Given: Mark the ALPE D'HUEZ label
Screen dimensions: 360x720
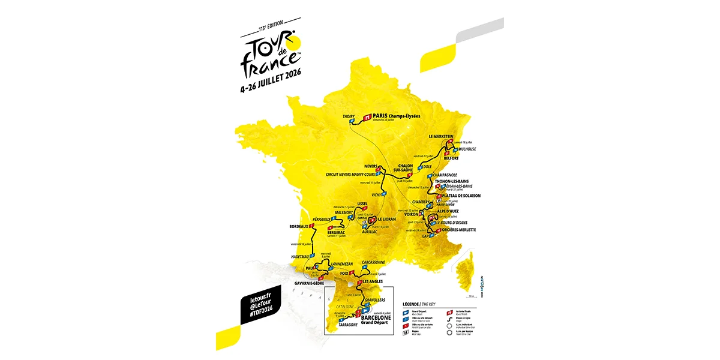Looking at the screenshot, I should tap(452, 212).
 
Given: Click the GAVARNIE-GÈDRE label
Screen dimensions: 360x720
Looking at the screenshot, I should tap(310, 283).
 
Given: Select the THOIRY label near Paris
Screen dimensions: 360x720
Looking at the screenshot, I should tap(349, 116).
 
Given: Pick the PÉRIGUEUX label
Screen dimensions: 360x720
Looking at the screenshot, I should tap(316, 220).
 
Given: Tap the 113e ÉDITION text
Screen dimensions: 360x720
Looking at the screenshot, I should tap(271, 29).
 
